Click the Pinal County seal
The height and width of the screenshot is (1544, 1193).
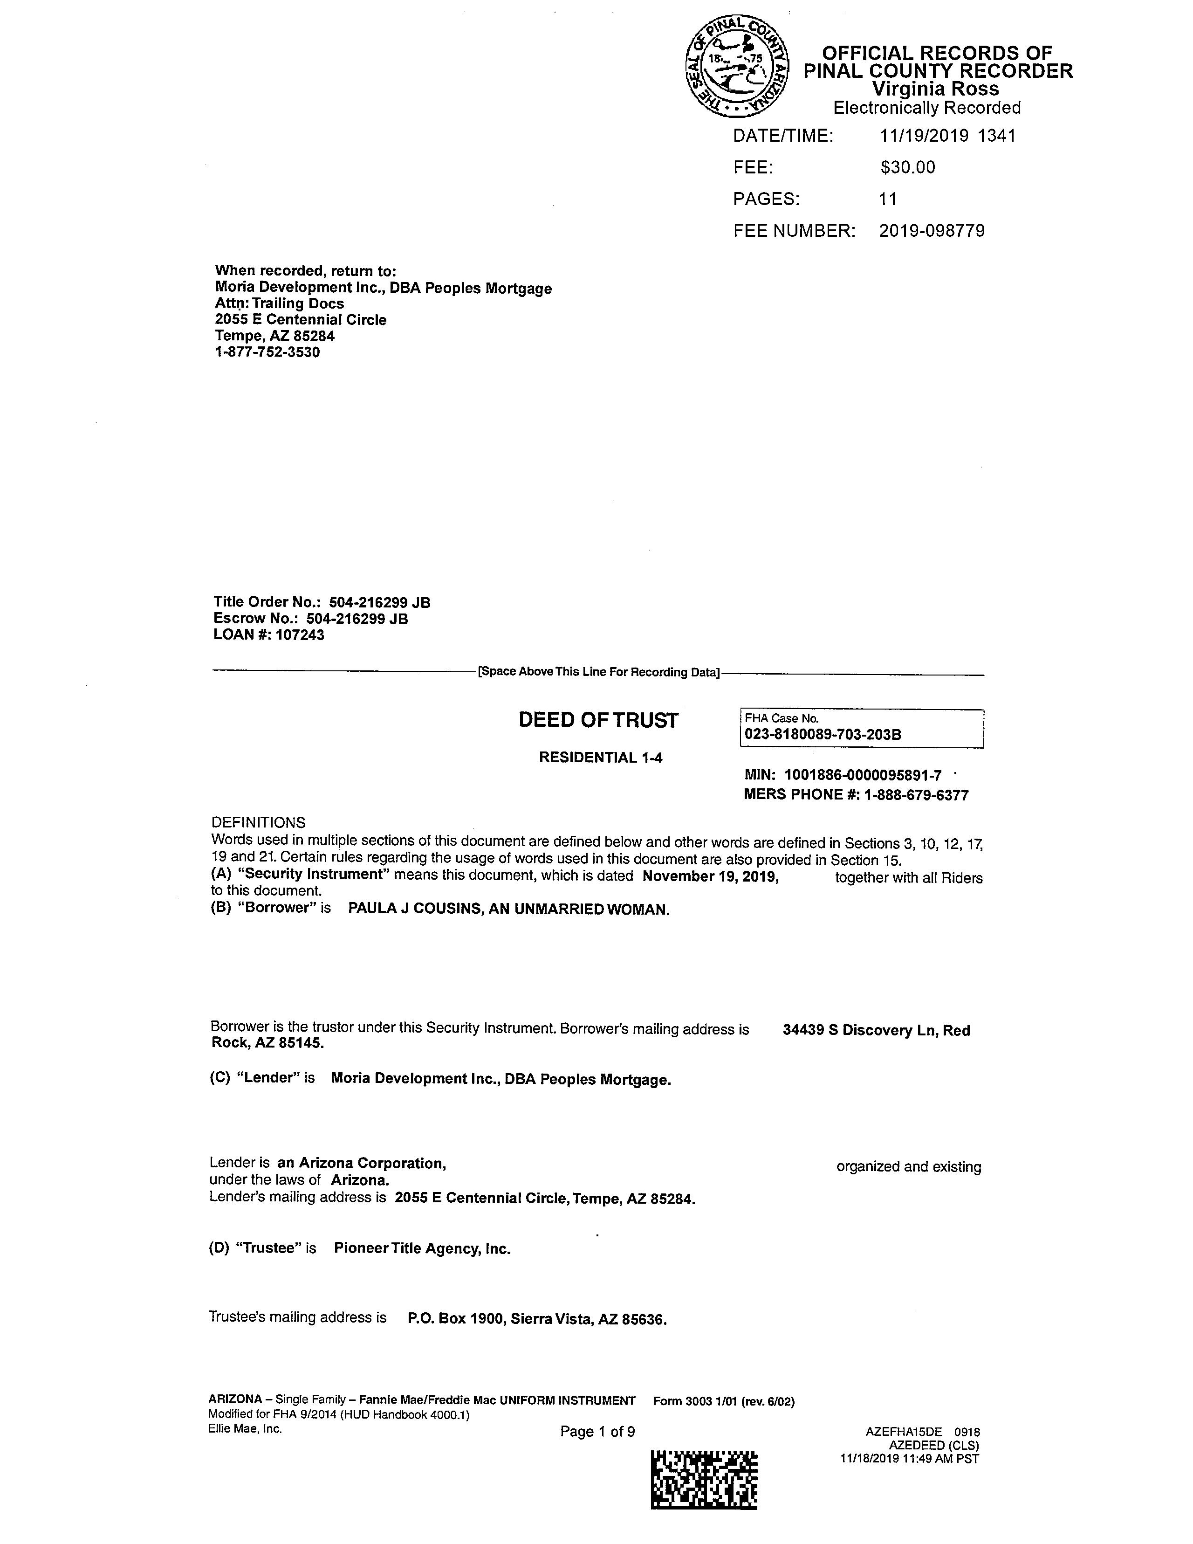pos(737,67)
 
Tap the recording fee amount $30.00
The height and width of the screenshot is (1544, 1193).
pos(907,167)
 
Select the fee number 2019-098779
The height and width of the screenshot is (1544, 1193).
pos(932,231)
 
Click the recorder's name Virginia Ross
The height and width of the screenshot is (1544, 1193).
pos(934,89)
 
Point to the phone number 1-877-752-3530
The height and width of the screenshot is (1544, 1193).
pos(267,352)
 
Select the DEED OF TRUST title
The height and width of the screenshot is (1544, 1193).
pos(598,720)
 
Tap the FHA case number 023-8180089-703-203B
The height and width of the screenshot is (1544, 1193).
pos(823,735)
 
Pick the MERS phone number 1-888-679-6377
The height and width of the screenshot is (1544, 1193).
pos(916,795)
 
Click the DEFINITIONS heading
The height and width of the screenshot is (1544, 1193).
pos(258,823)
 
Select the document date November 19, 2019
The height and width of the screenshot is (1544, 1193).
pos(710,876)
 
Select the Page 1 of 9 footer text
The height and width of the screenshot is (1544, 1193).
pos(597,1432)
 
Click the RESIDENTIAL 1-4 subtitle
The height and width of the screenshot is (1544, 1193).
pos(601,758)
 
